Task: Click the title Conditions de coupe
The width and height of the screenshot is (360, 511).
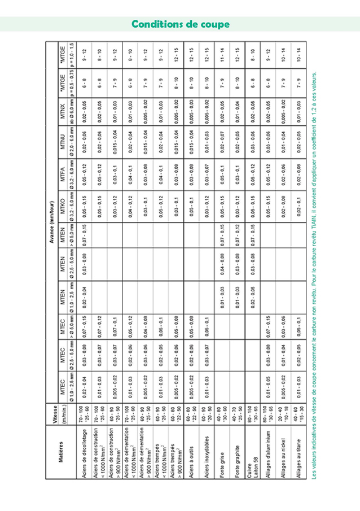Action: click(180, 24)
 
